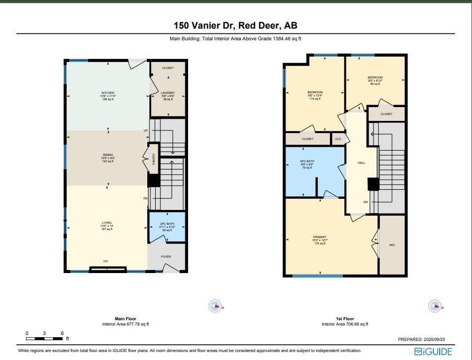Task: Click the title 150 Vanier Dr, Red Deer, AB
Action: point(236,25)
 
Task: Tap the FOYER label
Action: point(166,257)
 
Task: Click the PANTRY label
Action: point(154,159)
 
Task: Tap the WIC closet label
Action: point(392,245)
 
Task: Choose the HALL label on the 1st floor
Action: point(361,163)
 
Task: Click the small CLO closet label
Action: point(338,139)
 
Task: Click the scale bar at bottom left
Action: point(44,338)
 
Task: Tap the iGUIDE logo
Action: point(433,352)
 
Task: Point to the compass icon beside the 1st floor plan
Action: point(434,306)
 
